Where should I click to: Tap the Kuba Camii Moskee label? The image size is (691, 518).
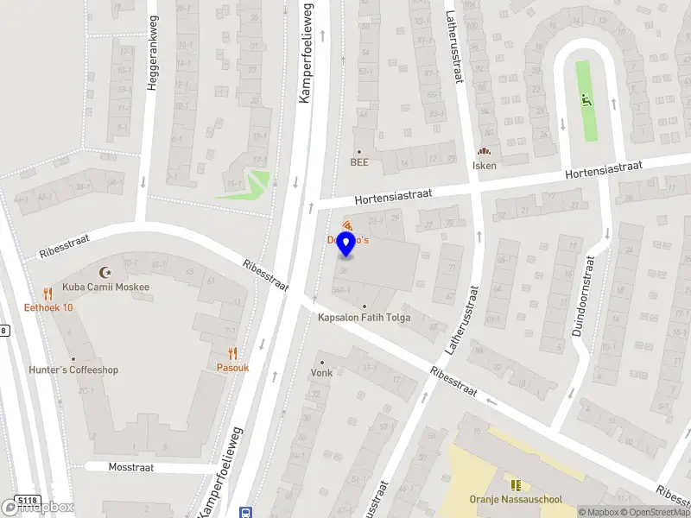coord(105,287)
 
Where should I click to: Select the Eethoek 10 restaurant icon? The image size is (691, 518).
coord(48,293)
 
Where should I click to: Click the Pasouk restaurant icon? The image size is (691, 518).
coord(232,352)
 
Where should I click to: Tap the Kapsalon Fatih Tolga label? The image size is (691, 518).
coord(365,318)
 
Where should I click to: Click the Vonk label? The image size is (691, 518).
coord(321,374)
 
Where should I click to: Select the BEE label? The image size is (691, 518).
coord(359,161)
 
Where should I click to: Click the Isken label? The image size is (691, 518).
coord(484,166)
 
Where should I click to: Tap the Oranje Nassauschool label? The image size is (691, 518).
coord(516,499)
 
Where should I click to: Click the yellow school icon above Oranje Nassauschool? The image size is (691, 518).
coord(516,484)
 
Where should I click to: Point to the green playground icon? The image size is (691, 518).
coord(587,100)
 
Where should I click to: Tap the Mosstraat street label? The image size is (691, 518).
coord(131,467)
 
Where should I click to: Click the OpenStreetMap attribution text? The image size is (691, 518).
coord(653,513)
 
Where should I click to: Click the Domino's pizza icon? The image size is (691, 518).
coord(347,225)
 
